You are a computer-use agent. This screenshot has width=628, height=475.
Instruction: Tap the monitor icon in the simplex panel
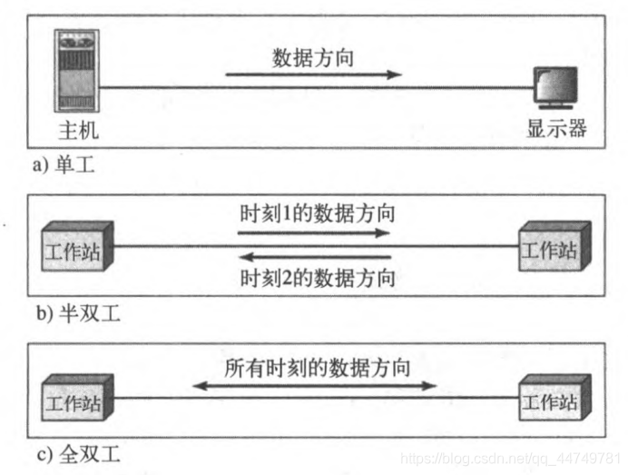pos(557,90)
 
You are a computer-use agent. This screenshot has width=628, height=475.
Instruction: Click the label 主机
pos(76,131)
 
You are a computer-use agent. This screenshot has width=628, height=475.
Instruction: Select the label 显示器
pos(556,129)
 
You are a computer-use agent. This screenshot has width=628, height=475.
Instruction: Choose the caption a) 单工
pos(63,167)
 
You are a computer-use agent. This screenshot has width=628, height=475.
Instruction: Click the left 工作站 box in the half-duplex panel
pos(75,246)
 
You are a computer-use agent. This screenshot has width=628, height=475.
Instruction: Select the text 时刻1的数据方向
pos(318,215)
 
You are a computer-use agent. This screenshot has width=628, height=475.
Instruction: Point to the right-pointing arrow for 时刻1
pos(314,233)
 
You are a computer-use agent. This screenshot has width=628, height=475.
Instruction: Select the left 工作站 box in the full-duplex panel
pos(75,399)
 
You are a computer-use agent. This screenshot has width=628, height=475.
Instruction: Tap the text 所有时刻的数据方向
pos(318,369)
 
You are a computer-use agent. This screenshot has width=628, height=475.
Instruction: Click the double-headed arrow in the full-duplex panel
pos(315,388)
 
